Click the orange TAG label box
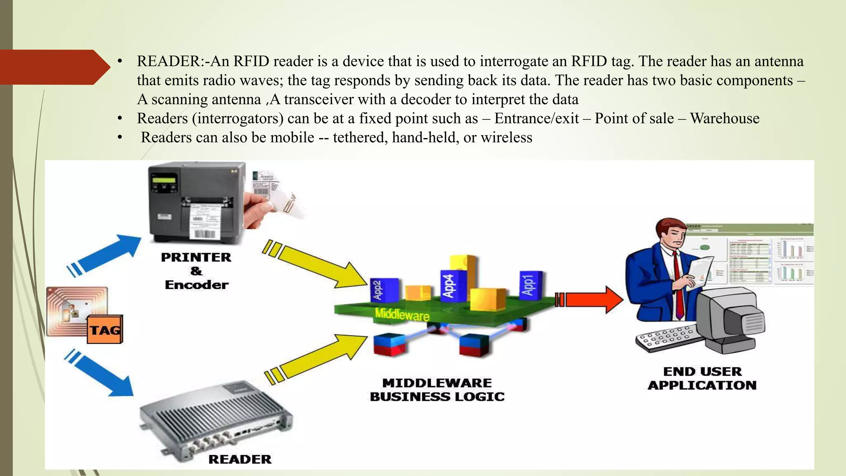[x=105, y=330]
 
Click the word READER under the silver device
[x=240, y=459]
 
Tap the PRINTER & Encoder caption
[x=196, y=271]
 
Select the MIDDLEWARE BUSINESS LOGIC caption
[x=437, y=390]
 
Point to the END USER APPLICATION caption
[x=702, y=378]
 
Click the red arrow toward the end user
[x=591, y=300]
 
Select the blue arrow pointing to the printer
[x=105, y=254]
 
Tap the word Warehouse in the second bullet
[x=725, y=119]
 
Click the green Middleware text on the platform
[x=402, y=315]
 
